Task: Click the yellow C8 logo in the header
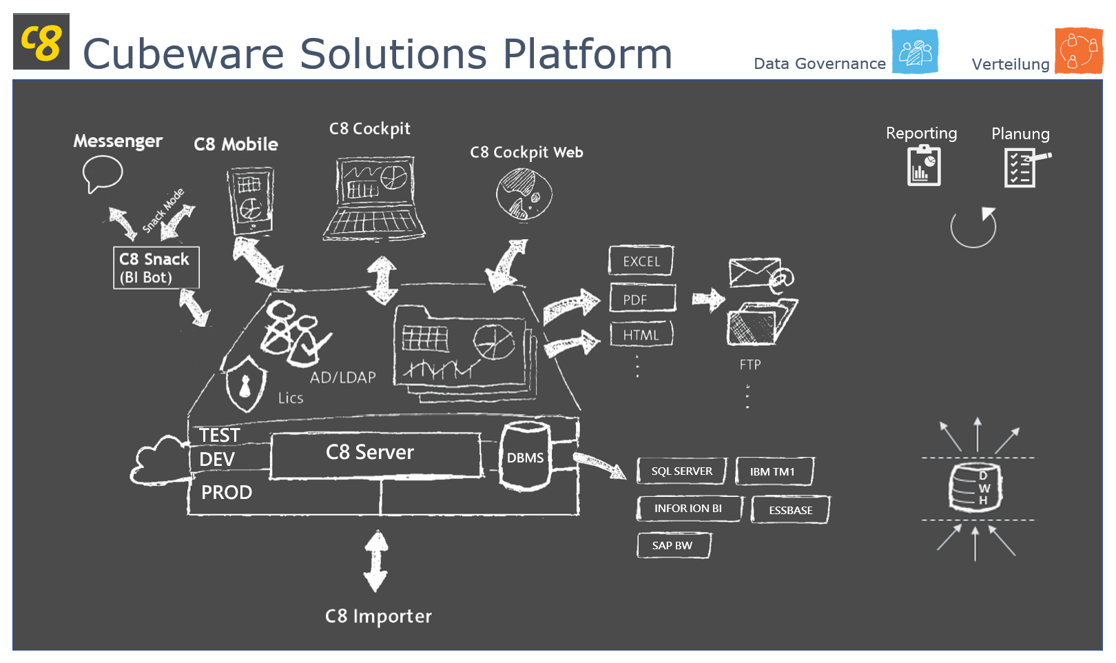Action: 41,42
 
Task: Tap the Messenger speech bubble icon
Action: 102,173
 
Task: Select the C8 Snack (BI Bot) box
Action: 156,268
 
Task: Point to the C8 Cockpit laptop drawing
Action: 375,198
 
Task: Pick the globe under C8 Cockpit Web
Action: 524,194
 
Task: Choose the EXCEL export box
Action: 641,261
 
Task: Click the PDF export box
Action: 642,299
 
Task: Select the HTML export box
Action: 641,335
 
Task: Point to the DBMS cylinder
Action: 526,456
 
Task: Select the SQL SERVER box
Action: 682,471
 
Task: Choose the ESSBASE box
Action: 790,510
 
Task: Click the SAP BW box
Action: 673,546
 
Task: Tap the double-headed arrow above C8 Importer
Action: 376,561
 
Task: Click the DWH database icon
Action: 975,488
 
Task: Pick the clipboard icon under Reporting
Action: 924,166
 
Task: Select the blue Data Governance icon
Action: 915,52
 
